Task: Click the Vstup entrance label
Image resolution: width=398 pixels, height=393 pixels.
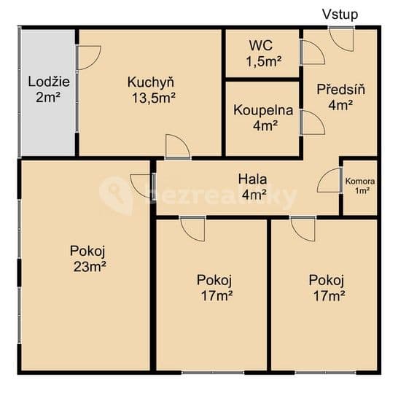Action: click(340, 14)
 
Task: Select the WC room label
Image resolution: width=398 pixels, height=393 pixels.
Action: click(260, 44)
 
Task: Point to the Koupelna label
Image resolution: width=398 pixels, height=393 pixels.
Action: click(263, 111)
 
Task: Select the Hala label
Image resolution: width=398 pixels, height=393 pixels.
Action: click(253, 179)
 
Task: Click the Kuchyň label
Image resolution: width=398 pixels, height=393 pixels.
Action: click(150, 82)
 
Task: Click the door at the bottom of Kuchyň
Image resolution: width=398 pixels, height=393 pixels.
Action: click(177, 147)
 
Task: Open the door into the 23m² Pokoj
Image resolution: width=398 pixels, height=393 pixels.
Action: click(141, 185)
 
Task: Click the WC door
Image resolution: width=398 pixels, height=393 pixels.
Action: click(312, 53)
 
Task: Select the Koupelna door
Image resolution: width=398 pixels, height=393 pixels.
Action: click(312, 122)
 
